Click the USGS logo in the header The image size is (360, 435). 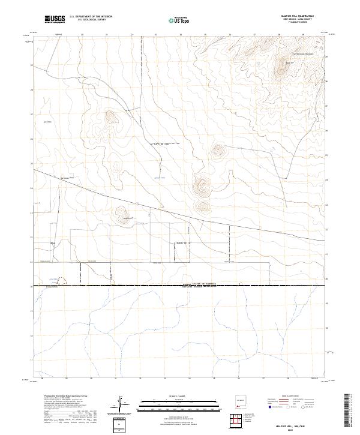55,19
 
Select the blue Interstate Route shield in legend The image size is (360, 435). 271,406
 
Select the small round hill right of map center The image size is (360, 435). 217,151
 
